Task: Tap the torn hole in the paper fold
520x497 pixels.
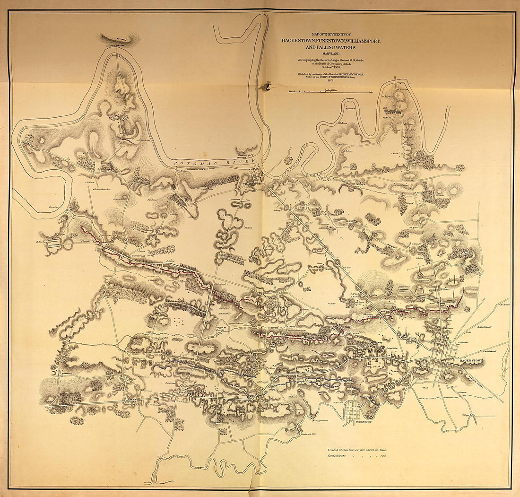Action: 267,86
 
